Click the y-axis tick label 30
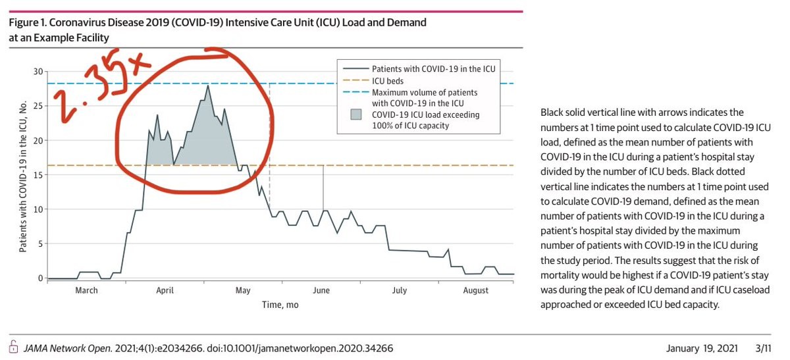[x=38, y=71]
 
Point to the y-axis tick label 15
[x=38, y=174]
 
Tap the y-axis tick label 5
[x=40, y=244]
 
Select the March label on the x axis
[x=86, y=290]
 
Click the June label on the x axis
[x=321, y=290]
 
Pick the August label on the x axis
[x=475, y=290]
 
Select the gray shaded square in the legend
[x=355, y=115]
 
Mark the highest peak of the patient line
[x=208, y=86]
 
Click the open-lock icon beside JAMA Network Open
[x=13, y=347]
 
